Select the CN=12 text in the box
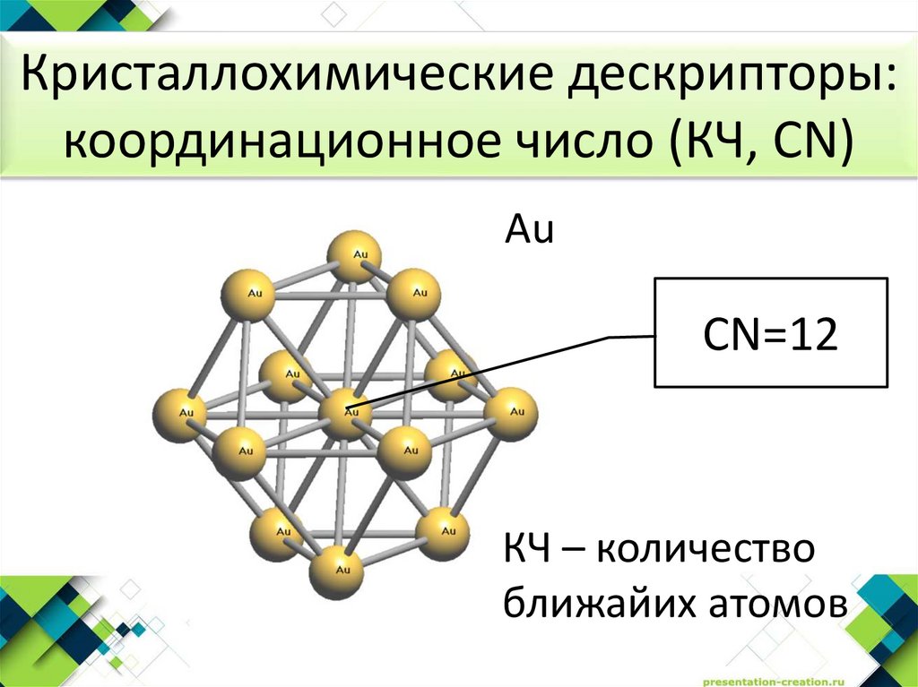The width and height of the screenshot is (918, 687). pos(771,336)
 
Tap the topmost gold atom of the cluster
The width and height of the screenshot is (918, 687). pos(354,256)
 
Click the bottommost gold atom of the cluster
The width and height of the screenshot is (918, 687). pos(337,571)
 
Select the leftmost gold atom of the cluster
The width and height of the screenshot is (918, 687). pos(180,415)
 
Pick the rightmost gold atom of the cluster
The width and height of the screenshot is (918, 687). pos(510,413)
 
